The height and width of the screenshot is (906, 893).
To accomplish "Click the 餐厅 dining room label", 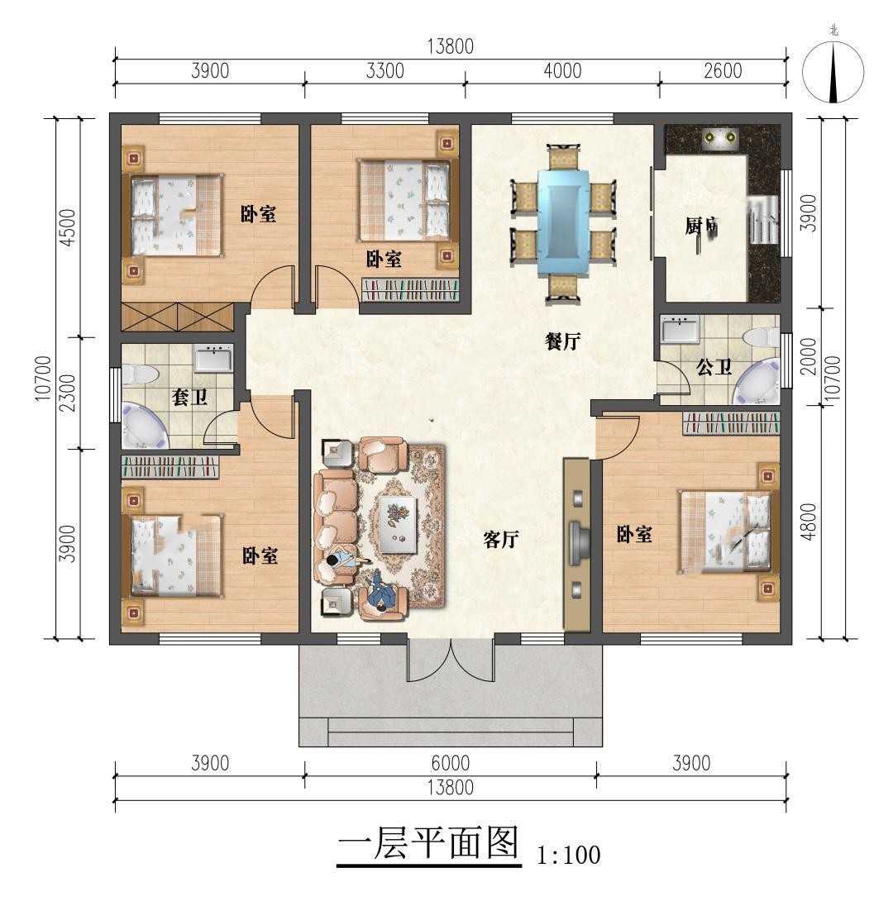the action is click(x=562, y=341).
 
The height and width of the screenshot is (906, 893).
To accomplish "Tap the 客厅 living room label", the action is click(x=500, y=540).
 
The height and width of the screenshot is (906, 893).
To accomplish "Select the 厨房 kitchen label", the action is click(x=702, y=226).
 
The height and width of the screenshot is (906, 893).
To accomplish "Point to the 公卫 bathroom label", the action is click(x=714, y=367).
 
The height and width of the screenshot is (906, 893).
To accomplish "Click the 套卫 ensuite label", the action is click(x=189, y=397).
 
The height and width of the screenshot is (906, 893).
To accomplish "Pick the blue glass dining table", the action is click(x=563, y=221).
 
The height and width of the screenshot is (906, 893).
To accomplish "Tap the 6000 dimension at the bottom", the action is click(x=451, y=763).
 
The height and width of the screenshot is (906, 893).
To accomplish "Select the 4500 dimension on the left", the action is click(x=68, y=227).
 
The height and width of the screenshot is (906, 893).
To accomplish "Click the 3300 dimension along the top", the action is click(x=385, y=70).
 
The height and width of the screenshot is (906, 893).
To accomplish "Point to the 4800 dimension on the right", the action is click(x=809, y=522).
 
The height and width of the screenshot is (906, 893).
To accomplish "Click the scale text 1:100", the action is click(x=569, y=855).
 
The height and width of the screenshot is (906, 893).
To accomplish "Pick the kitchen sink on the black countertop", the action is click(x=721, y=138).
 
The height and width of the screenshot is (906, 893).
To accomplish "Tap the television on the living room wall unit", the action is click(x=579, y=542).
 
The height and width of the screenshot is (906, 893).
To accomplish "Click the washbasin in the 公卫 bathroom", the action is click(x=680, y=329).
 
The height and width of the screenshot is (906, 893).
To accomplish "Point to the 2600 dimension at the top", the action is click(x=723, y=70).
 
